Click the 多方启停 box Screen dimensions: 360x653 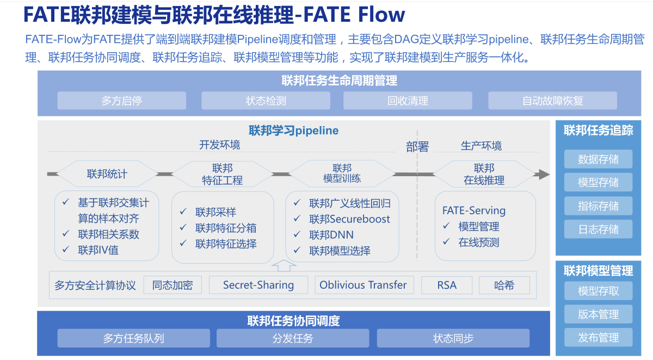click(x=121, y=101)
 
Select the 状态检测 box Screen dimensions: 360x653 click(x=266, y=101)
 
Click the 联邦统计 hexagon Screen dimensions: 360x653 click(x=107, y=174)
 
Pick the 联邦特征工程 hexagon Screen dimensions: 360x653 click(x=222, y=174)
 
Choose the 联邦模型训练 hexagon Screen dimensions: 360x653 click(x=342, y=174)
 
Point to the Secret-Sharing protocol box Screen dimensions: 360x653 click(x=258, y=285)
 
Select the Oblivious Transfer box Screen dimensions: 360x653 click(x=363, y=285)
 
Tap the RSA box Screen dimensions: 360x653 click(x=447, y=285)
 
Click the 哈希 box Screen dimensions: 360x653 click(x=504, y=285)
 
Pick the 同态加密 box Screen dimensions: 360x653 click(x=172, y=285)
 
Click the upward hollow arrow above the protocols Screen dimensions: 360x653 click(x=284, y=265)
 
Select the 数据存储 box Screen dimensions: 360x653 click(x=598, y=159)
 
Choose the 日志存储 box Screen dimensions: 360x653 click(x=598, y=229)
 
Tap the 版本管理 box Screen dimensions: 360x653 click(x=598, y=314)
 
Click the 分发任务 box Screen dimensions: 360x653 click(x=293, y=338)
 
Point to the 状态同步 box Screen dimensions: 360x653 click(x=453, y=338)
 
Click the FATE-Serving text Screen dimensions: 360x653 click(x=473, y=210)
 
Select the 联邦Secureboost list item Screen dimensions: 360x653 click(x=349, y=219)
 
